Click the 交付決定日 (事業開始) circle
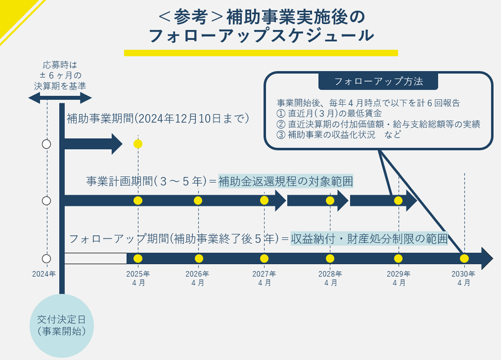point(62,325)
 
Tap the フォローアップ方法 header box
point(378,81)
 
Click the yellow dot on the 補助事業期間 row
point(138,144)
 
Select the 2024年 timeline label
point(44,274)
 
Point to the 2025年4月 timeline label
point(138,278)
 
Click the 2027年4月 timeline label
point(264,278)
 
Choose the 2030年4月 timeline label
point(464,278)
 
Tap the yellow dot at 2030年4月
point(464,258)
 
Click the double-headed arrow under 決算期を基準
point(60,98)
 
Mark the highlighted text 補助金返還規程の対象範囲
point(285,181)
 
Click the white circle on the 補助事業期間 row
point(46,144)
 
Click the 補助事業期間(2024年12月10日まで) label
point(158,118)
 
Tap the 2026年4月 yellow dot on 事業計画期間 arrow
point(198,201)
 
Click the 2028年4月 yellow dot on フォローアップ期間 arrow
point(330,258)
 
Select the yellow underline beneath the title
point(261,53)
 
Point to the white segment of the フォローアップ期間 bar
point(95,258)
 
